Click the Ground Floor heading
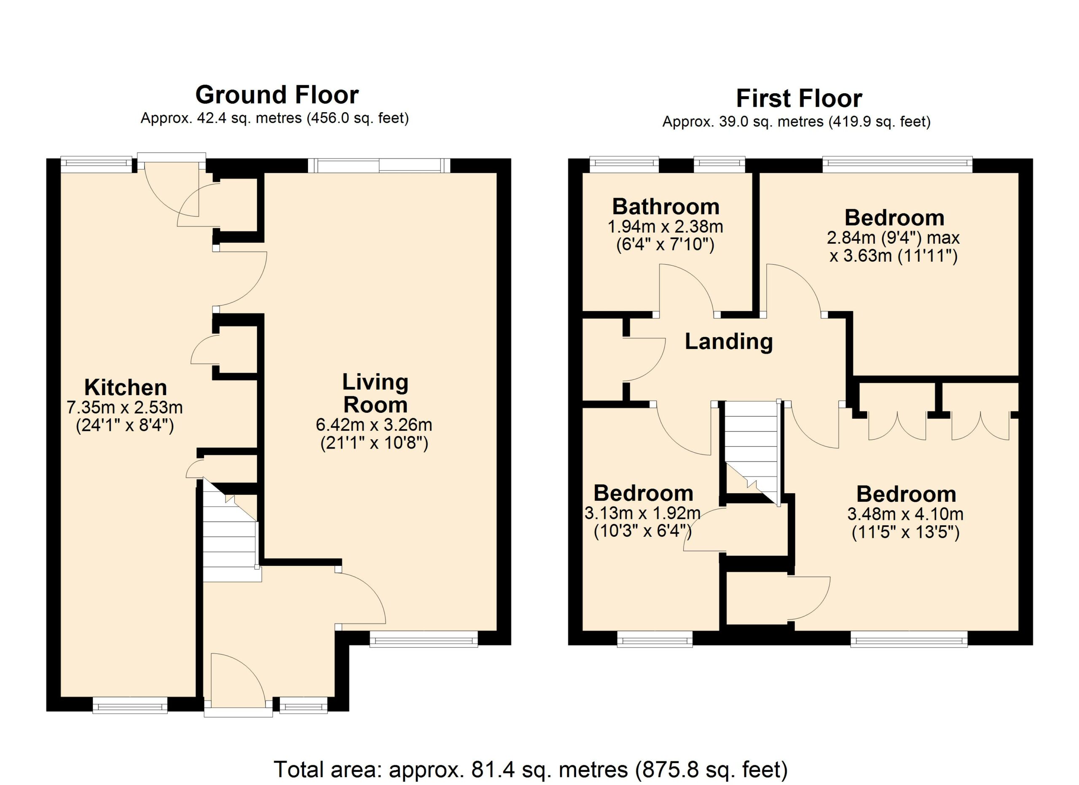pyautogui.click(x=277, y=95)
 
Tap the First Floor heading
pyautogui.click(x=799, y=99)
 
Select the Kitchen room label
pyautogui.click(x=126, y=387)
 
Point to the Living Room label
pyautogui.click(x=376, y=393)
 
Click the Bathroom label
pyautogui.click(x=666, y=207)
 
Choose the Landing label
pyautogui.click(x=729, y=341)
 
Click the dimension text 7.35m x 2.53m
pyautogui.click(x=125, y=408)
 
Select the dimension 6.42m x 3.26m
pyautogui.click(x=374, y=425)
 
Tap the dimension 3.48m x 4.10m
pyautogui.click(x=905, y=514)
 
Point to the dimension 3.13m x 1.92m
pyautogui.click(x=642, y=513)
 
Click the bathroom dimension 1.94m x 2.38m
pyautogui.click(x=666, y=226)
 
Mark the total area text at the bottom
pyautogui.click(x=531, y=769)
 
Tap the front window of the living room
pyautogui.click(x=424, y=639)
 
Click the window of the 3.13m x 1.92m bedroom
pyautogui.click(x=655, y=639)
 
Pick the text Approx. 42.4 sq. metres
pyautogui.click(x=221, y=118)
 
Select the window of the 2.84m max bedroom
pyautogui.click(x=897, y=164)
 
